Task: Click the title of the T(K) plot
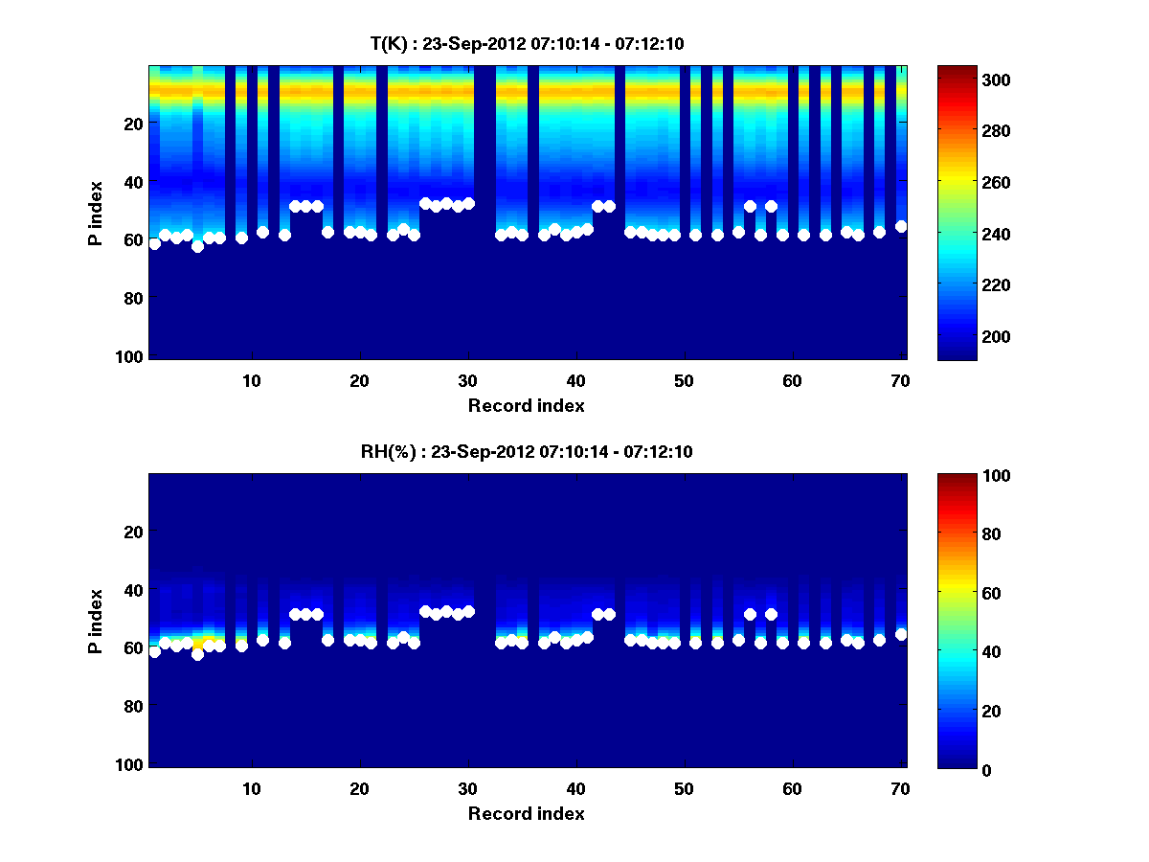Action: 527,43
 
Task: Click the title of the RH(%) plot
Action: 527,451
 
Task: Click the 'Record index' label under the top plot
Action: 527,405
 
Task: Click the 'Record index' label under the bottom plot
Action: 527,813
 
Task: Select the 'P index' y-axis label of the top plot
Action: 95,213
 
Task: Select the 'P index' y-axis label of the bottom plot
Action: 95,621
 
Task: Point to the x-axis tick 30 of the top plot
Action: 467,380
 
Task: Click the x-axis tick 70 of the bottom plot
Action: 900,788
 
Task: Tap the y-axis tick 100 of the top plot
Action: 132,356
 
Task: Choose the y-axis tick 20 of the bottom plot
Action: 136,532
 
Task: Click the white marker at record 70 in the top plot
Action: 901,226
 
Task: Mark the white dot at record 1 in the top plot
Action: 155,243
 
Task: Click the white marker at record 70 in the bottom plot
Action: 901,634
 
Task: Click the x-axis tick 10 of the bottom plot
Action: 251,788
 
